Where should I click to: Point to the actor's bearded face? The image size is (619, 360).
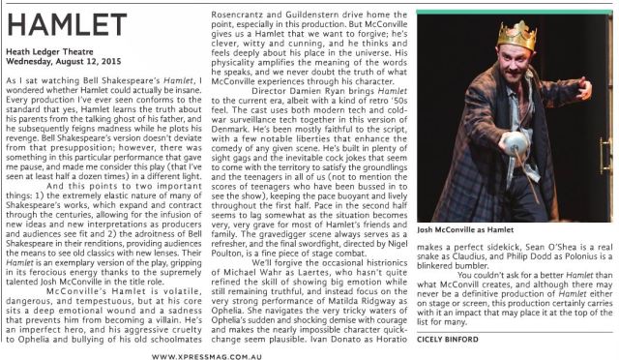pyautogui.click(x=512, y=65)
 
